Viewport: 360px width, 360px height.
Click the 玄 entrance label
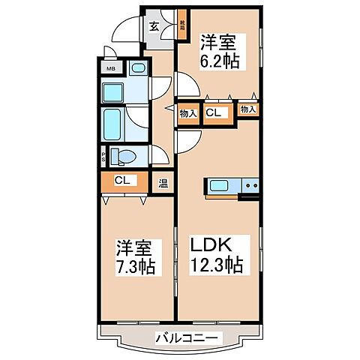tap(154, 25)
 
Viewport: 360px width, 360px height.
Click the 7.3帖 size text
tap(135, 266)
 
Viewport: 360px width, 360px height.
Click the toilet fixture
tap(123, 156)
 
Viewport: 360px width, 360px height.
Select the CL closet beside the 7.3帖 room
tap(121, 181)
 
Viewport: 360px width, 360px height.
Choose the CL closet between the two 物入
tap(213, 113)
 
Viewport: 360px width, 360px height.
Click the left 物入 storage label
tap(187, 113)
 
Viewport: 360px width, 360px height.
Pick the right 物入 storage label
tap(247, 109)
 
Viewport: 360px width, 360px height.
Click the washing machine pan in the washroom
tap(115, 93)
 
